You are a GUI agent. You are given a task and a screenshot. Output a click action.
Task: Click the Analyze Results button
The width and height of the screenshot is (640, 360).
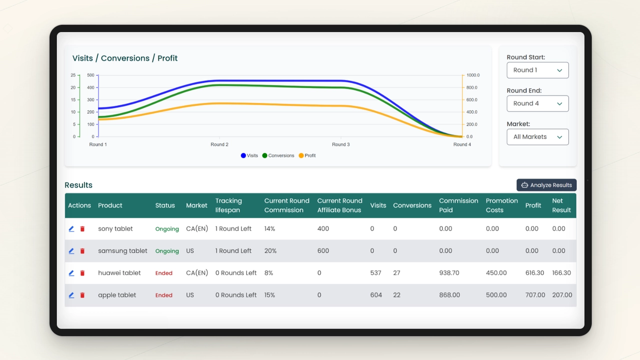(546, 185)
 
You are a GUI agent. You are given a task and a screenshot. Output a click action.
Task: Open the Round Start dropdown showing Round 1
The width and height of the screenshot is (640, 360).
(537, 70)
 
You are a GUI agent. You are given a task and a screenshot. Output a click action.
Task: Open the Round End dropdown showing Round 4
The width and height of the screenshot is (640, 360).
(537, 103)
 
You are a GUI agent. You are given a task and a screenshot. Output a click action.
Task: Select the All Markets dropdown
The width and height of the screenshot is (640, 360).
(537, 137)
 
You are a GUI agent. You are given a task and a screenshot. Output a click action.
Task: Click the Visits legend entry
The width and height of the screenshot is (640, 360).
(249, 155)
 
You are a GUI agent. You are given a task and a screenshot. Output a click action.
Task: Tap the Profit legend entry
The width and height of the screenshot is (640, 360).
(307, 155)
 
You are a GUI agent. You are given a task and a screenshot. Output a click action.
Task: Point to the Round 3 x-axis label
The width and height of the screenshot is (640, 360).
(341, 144)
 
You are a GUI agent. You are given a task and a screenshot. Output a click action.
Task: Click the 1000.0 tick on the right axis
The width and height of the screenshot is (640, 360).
(473, 75)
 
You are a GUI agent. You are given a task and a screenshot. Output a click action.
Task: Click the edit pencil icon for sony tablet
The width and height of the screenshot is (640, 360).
(71, 229)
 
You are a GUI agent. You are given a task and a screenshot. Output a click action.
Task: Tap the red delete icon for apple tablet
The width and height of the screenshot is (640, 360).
(82, 295)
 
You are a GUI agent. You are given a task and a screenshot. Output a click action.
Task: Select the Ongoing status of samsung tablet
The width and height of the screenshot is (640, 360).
(167, 251)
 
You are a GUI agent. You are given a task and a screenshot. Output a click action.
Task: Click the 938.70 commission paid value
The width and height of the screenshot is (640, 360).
(449, 273)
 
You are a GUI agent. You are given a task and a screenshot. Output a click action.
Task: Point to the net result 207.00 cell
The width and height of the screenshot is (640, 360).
(562, 295)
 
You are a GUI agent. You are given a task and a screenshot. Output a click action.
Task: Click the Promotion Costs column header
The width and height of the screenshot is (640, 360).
(501, 205)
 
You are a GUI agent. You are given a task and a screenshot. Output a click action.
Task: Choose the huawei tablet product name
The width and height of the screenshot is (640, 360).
(119, 273)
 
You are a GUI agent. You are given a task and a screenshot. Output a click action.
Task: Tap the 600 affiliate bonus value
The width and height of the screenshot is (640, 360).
(323, 251)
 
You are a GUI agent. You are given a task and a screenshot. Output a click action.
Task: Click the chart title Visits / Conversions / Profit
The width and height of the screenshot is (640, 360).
(125, 58)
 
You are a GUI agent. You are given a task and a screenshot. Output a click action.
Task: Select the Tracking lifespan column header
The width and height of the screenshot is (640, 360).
(228, 205)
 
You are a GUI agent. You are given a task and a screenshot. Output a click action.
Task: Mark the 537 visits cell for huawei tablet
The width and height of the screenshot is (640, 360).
(375, 273)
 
